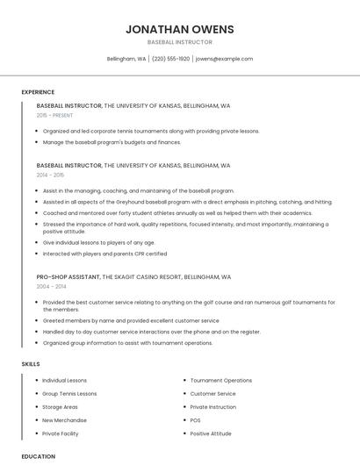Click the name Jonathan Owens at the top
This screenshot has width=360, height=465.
pyautogui.click(x=180, y=29)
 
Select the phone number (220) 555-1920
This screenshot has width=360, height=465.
pyautogui.click(x=170, y=59)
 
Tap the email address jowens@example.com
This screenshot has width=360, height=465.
pyautogui.click(x=224, y=59)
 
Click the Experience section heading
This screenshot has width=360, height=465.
pyautogui.click(x=38, y=92)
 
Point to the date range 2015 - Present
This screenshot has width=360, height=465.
pyautogui.click(x=55, y=115)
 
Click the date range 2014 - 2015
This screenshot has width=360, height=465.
pyautogui.click(x=51, y=175)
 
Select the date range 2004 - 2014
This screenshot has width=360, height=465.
pyautogui.click(x=51, y=286)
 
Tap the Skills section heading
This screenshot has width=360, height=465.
pyautogui.click(x=31, y=363)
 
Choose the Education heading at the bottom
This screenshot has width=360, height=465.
pyautogui.click(x=38, y=456)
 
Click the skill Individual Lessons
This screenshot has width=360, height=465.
pyautogui.click(x=64, y=381)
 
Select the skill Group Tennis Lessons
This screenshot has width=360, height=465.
pyautogui.click(x=69, y=394)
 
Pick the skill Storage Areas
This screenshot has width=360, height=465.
pyautogui.click(x=60, y=407)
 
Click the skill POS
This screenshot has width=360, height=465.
pyautogui.click(x=195, y=420)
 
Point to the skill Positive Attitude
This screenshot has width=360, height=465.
pyautogui.click(x=211, y=433)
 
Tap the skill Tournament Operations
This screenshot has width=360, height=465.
pyautogui.click(x=220, y=381)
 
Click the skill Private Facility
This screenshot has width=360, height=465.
pyautogui.click(x=60, y=433)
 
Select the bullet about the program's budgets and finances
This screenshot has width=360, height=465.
pyautogui.click(x=112, y=141)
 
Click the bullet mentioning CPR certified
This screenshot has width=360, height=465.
pyautogui.click(x=104, y=254)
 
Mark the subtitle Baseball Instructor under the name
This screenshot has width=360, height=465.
pyautogui.click(x=180, y=42)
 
